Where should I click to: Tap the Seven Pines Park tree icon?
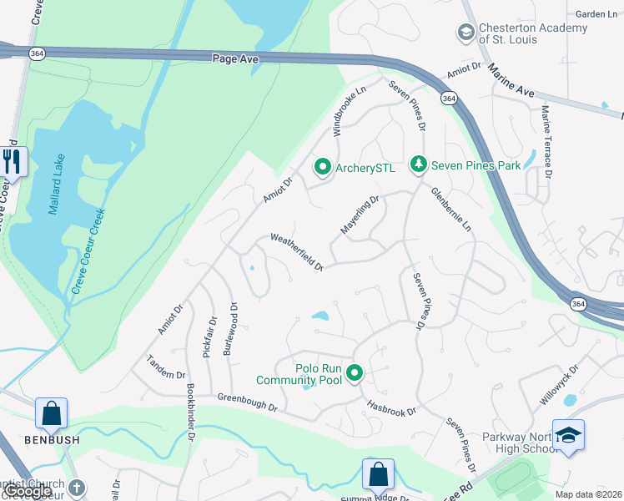tap(420, 165)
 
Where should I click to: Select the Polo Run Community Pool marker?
tap(355, 372)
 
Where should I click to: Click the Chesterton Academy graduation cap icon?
tap(465, 33)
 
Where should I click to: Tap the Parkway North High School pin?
tap(568, 435)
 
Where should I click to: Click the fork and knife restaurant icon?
tap(12, 160)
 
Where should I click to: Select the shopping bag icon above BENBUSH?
tap(51, 412)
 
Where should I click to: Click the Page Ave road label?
tap(236, 59)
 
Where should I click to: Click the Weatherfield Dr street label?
tap(297, 252)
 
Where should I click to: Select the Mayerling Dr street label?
tap(360, 215)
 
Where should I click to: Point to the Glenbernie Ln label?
tap(451, 209)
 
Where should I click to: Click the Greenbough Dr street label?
tap(248, 403)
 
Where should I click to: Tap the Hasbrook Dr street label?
tap(391, 407)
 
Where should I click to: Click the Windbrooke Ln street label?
tap(350, 114)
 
